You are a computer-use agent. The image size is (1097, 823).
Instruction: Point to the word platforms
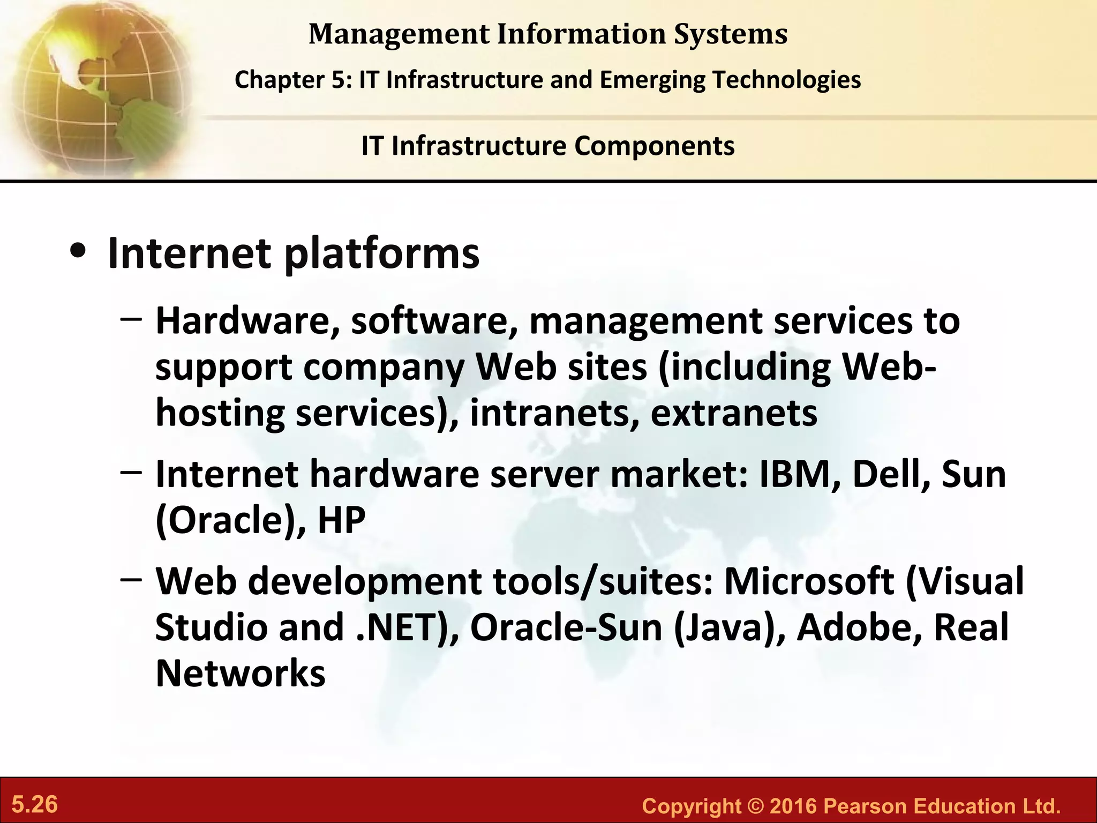[381, 255]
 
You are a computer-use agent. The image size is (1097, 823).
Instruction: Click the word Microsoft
[809, 581]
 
